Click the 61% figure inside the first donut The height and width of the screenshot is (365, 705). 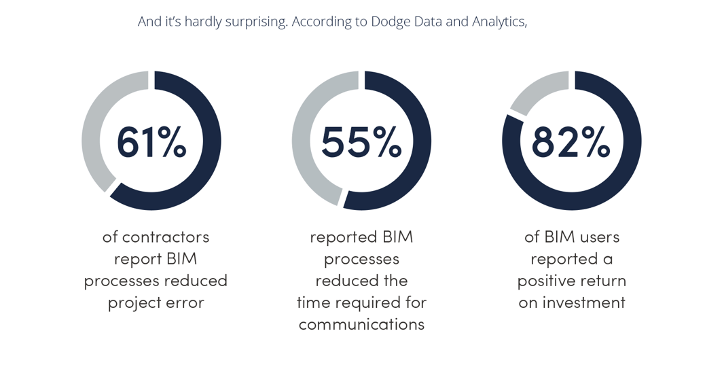tap(151, 141)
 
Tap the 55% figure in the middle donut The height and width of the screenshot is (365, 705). tap(361, 141)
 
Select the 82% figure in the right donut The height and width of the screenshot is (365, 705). tap(571, 141)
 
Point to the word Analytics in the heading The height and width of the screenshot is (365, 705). tap(499, 21)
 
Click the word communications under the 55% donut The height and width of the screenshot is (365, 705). tap(361, 324)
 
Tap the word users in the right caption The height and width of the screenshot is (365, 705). tap(598, 237)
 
